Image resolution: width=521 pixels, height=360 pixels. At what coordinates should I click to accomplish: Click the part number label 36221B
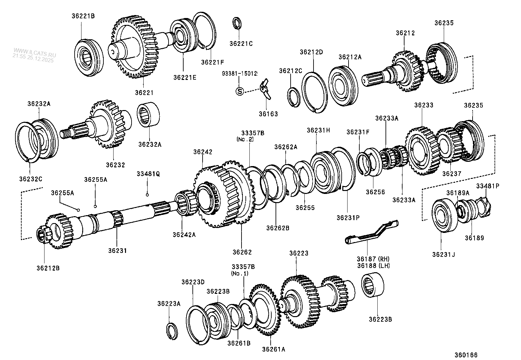tap(83, 16)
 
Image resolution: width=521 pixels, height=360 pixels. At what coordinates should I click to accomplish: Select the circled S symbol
tap(240, 91)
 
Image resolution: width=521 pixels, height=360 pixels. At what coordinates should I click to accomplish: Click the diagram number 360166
tap(466, 355)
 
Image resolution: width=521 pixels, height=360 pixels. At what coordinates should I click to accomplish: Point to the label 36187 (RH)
tap(373, 259)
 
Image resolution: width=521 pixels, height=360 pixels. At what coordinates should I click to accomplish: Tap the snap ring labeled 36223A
tap(171, 332)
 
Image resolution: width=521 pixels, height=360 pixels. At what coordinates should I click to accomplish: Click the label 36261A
tap(273, 349)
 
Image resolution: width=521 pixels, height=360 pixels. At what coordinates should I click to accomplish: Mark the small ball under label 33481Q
tap(147, 195)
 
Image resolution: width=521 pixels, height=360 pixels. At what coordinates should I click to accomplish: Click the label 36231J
tap(443, 254)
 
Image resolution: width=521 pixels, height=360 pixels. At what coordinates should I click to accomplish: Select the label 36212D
tap(311, 52)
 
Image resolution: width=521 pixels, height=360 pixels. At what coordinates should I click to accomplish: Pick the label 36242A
tap(184, 235)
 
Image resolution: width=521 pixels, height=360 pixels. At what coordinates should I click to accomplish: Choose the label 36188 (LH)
tap(373, 266)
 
